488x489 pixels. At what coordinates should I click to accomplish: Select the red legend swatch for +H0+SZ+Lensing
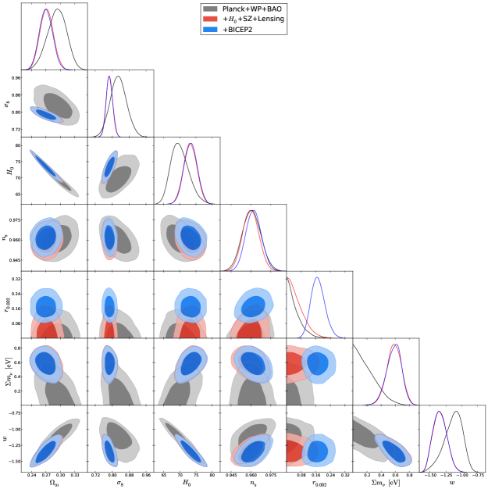(210, 19)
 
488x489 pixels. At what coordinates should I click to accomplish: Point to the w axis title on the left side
(6, 437)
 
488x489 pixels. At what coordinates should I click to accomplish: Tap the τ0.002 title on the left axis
(6, 304)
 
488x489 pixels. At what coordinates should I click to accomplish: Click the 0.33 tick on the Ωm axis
(75, 475)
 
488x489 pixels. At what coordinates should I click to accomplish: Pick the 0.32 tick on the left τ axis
(13, 277)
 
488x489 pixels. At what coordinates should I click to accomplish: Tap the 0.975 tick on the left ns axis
(12, 221)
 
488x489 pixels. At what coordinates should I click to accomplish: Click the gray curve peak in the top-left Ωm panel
(59, 10)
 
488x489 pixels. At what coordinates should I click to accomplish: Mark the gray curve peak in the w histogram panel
(458, 411)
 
